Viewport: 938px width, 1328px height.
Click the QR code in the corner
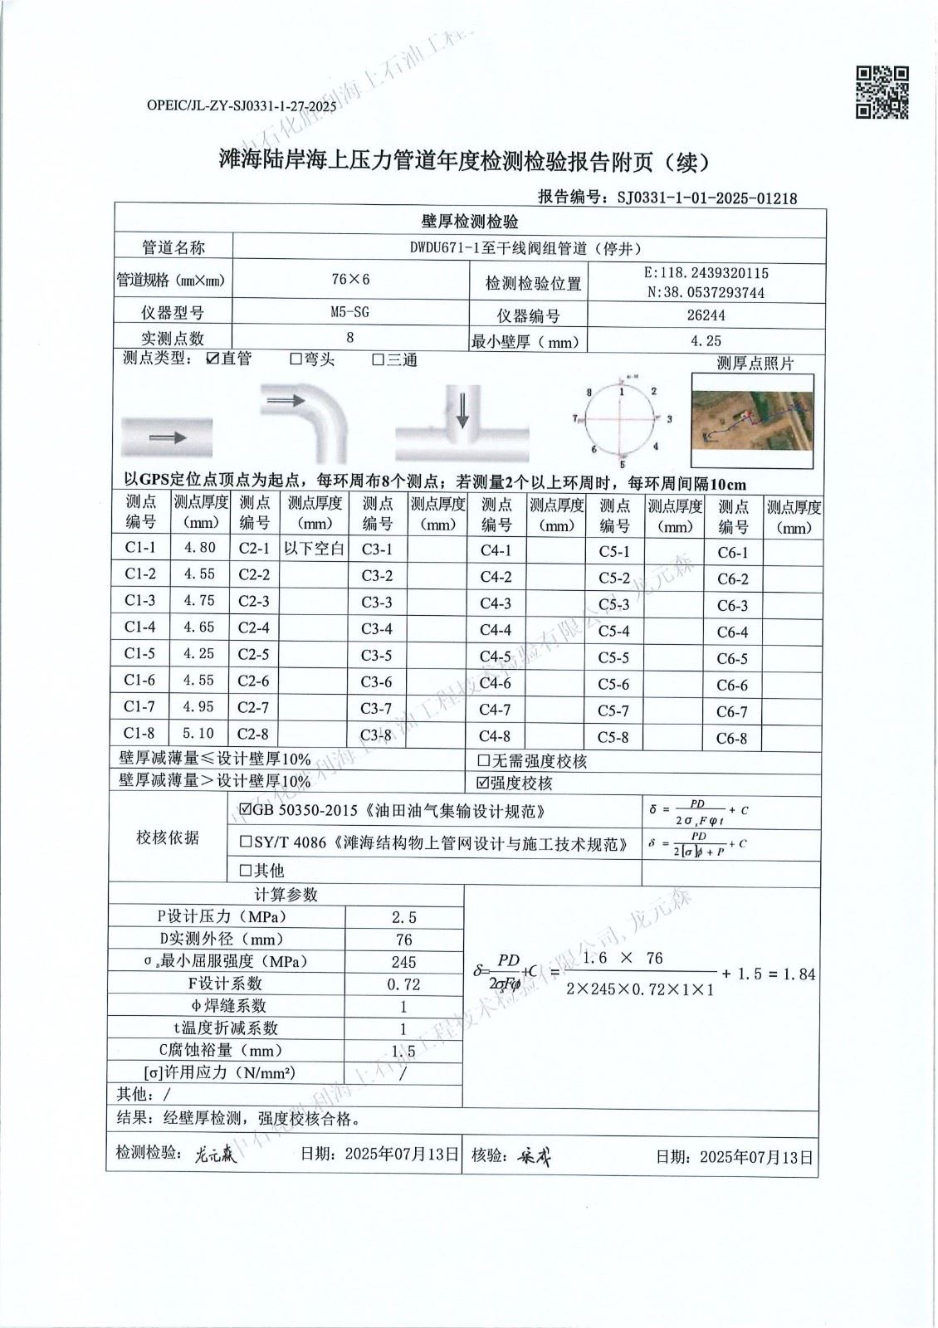882,92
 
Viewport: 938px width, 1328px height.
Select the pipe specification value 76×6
349,279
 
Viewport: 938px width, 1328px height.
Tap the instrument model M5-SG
349,312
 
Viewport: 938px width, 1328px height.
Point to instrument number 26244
706,315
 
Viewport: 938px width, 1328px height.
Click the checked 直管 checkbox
213,359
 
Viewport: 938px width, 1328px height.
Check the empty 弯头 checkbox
296,359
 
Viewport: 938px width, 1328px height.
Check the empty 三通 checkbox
378,359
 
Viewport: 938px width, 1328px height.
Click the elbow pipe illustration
307,423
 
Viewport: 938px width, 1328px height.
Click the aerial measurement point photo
753,421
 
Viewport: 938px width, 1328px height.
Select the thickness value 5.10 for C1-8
199,734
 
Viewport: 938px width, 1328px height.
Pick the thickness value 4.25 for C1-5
199,654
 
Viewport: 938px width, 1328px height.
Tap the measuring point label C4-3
496,603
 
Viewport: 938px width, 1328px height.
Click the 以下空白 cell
314,549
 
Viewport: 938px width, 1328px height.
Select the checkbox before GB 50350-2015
245,810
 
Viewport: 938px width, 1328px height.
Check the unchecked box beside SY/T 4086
246,842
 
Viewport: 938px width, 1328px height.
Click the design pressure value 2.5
403,917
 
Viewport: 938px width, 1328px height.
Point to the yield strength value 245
403,962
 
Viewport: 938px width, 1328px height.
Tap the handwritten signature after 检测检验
216,1155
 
